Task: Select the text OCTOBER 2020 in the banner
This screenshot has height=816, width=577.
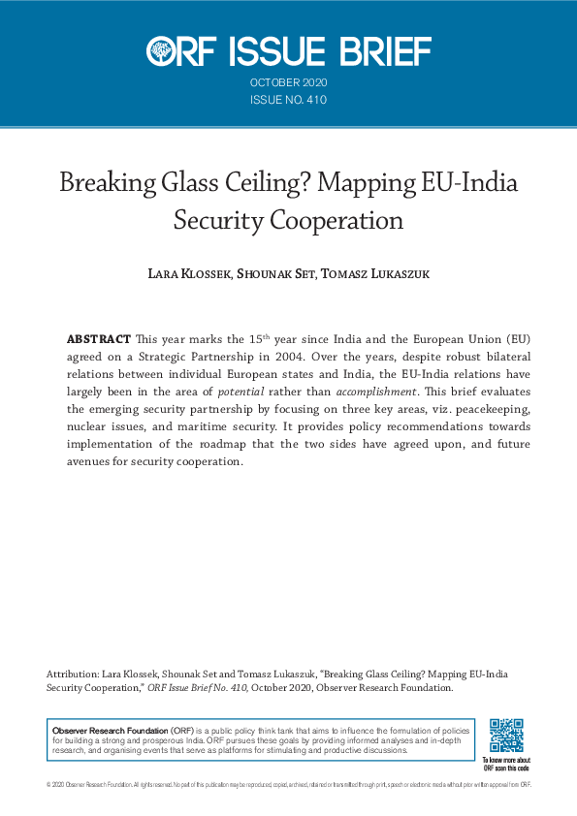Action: [x=288, y=83]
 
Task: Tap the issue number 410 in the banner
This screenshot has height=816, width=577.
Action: [x=316, y=100]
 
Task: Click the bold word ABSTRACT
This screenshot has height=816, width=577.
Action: [x=98, y=339]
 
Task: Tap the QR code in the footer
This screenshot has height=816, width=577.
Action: [x=506, y=737]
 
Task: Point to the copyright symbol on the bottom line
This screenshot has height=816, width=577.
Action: [x=48, y=784]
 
